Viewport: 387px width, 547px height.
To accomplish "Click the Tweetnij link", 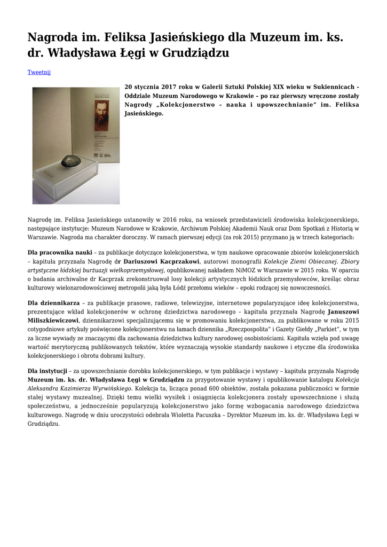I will (39, 72).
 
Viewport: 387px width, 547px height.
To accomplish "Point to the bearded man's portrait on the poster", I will (102, 112).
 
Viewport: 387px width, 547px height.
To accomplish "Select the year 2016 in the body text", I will (174, 219).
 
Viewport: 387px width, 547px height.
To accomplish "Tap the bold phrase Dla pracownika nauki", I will (60, 253).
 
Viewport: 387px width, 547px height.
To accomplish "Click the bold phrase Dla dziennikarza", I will (53, 303).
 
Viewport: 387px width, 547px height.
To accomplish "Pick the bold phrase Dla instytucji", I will (47, 371).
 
